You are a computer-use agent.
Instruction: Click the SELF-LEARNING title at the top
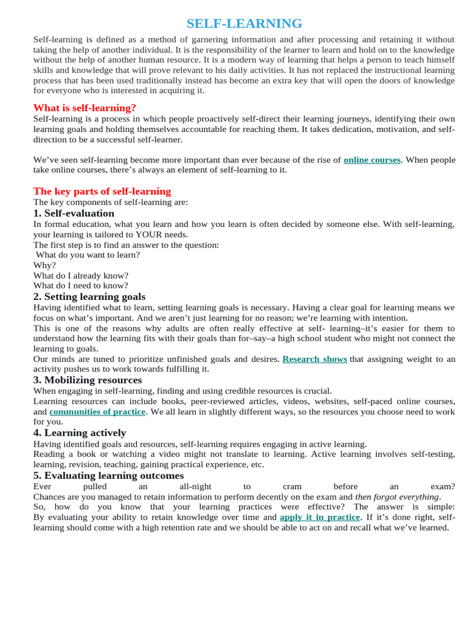pyautogui.click(x=244, y=24)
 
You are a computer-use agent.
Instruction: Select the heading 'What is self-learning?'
pyautogui.click(x=85, y=108)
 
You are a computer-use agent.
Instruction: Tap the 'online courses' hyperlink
pyautogui.click(x=372, y=160)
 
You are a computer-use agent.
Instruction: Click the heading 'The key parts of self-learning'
pyautogui.click(x=102, y=191)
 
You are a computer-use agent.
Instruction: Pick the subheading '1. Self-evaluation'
pyautogui.click(x=74, y=213)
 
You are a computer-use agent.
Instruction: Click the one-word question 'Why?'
pyautogui.click(x=44, y=265)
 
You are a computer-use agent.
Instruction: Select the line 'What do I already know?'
pyautogui.click(x=81, y=276)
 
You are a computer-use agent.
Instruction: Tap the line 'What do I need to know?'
pyautogui.click(x=81, y=285)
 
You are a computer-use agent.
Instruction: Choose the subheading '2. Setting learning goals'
pyautogui.click(x=89, y=296)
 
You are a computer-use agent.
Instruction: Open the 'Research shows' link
pyautogui.click(x=314, y=359)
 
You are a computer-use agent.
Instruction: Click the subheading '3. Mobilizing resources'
pyautogui.click(x=88, y=380)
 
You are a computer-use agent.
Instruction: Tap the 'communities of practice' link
pyautogui.click(x=97, y=412)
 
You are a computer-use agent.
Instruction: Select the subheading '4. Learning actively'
pyautogui.click(x=80, y=433)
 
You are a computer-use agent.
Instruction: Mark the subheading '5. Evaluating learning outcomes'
pyautogui.click(x=108, y=475)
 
